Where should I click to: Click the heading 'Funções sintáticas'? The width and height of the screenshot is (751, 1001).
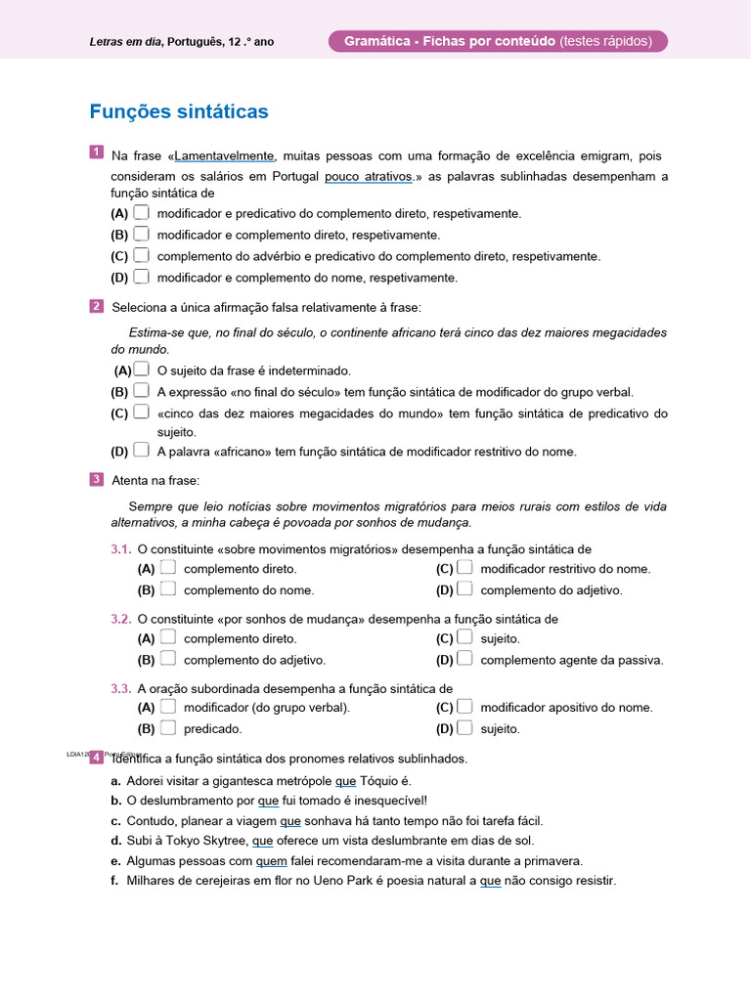(178, 112)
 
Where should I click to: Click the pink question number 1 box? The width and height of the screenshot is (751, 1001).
(97, 152)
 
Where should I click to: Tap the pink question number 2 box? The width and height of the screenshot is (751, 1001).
(97, 306)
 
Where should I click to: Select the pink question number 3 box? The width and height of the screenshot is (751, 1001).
(97, 479)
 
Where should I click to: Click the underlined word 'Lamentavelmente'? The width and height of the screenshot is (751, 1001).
(225, 155)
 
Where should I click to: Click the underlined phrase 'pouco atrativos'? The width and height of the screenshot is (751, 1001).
(367, 177)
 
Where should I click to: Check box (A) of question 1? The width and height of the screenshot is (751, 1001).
(142, 212)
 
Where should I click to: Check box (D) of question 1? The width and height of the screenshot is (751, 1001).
(142, 277)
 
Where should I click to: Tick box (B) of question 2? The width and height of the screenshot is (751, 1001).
(142, 391)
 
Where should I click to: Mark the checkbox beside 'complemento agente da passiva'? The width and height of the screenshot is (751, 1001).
(464, 659)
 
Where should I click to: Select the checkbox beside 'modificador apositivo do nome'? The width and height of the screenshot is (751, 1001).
(464, 706)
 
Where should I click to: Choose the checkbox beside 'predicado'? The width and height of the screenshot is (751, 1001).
(168, 727)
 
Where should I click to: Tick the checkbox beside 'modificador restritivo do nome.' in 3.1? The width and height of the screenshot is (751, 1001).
(464, 567)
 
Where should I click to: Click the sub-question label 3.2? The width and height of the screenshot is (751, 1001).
(121, 619)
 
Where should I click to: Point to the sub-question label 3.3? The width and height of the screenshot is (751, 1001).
(121, 688)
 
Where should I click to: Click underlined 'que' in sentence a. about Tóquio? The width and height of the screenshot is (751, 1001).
(346, 781)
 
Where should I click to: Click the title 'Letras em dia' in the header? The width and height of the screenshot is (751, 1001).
(125, 42)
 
